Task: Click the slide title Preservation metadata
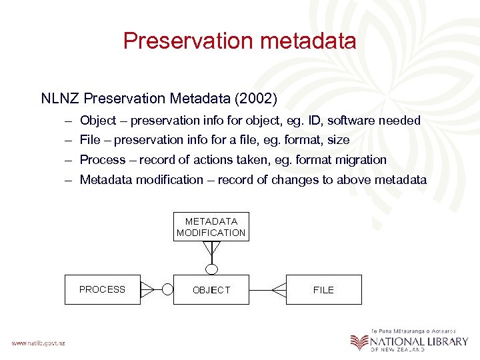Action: (239, 41)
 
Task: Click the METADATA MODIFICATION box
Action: (211, 227)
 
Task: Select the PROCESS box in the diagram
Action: (103, 289)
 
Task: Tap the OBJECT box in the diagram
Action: (211, 289)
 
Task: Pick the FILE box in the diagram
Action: (324, 289)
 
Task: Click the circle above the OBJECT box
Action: (211, 269)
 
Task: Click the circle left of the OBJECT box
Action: (168, 289)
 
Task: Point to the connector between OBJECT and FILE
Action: (267, 289)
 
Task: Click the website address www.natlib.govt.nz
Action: (38, 343)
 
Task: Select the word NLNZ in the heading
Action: (60, 99)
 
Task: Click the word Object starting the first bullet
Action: (97, 121)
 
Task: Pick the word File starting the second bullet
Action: (89, 140)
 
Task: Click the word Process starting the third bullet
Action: (102, 160)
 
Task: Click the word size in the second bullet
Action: (338, 140)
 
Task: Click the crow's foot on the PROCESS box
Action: (147, 289)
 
